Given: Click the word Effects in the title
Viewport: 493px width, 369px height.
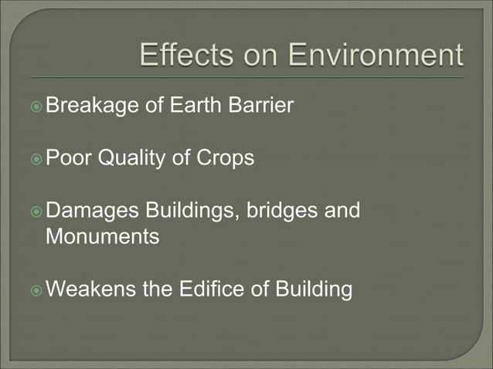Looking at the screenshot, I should tap(182, 56).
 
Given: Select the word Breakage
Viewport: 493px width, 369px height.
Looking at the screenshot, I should tap(93, 105).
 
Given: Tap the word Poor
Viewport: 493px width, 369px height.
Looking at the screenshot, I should tap(66, 158).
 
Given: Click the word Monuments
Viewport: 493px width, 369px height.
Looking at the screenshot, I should tap(102, 236).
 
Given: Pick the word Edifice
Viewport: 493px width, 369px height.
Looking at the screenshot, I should tap(205, 289).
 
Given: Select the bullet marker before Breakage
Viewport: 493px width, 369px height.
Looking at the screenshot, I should tap(36, 106).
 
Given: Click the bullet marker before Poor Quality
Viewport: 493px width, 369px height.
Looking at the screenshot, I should tap(36, 159).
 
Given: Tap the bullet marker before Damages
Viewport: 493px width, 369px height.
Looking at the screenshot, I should tap(36, 212).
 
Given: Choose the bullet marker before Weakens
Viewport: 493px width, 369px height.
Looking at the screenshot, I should tap(36, 290).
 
